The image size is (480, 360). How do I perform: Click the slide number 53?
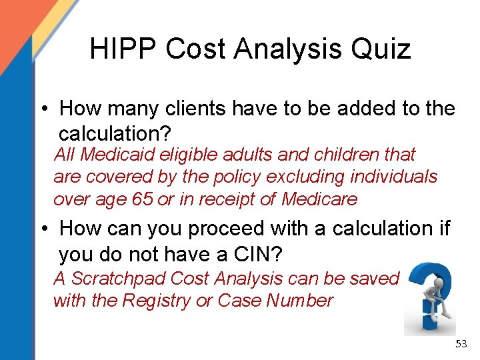coord(461,344)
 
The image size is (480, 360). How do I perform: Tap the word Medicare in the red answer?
coord(319,199)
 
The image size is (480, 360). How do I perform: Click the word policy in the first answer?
coord(235,177)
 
